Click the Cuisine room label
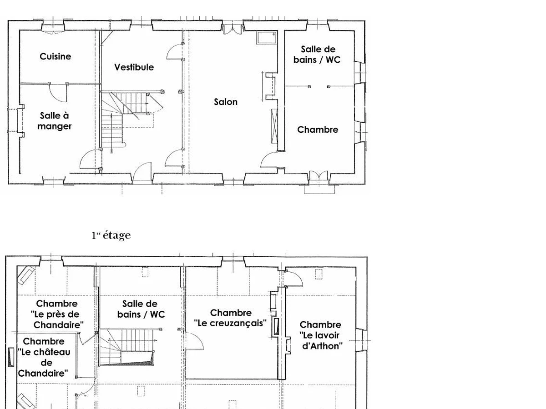point(55,56)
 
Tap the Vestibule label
point(134,67)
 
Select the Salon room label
point(226,102)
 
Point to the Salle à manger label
point(55,121)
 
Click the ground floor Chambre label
point(318,130)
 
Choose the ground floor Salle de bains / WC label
point(317,55)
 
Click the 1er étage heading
point(111,235)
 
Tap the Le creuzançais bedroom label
point(230,318)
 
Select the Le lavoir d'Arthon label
point(321,335)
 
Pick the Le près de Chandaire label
point(57,314)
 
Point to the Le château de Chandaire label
point(44,357)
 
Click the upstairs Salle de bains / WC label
point(141,309)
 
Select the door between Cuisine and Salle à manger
point(58,92)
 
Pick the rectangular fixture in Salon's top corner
point(267,38)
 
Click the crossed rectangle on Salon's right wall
point(274,126)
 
